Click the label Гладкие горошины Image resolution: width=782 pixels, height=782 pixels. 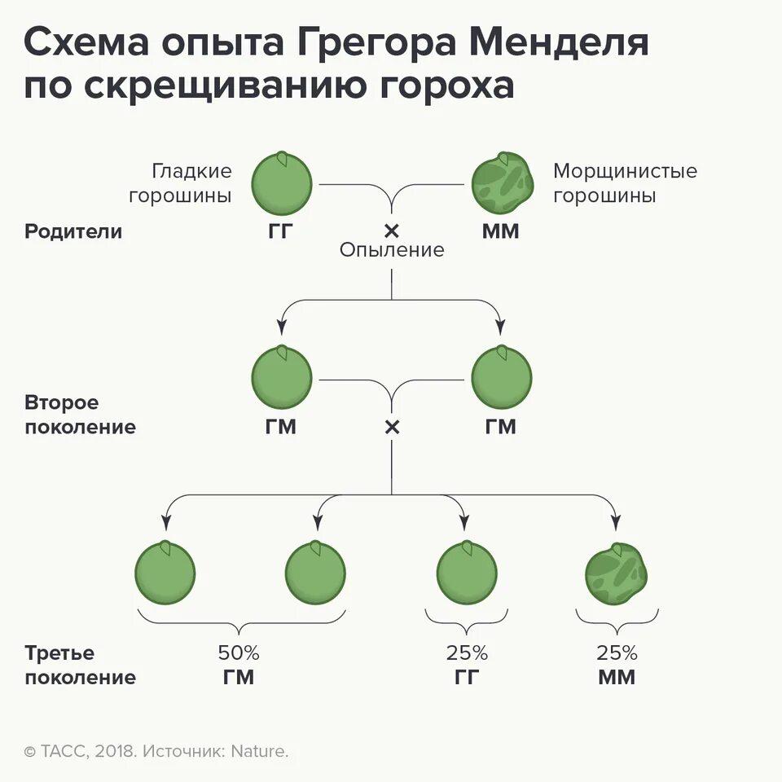pyautogui.click(x=191, y=183)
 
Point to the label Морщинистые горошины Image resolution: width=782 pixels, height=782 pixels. pyautogui.click(x=625, y=183)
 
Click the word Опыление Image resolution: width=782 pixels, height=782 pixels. pyautogui.click(x=392, y=250)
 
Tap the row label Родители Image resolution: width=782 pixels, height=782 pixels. pyautogui.click(x=73, y=231)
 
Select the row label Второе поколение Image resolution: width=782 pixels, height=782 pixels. pyautogui.click(x=80, y=415)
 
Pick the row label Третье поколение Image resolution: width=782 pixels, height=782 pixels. pyautogui.click(x=80, y=665)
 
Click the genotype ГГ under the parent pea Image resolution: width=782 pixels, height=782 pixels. pyautogui.click(x=280, y=231)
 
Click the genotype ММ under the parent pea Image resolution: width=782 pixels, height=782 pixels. pyautogui.click(x=500, y=231)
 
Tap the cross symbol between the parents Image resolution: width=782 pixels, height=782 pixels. pyautogui.click(x=392, y=231)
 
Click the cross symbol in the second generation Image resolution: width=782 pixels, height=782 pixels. pyautogui.click(x=392, y=427)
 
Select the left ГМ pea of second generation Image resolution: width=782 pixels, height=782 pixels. pyautogui.click(x=281, y=378)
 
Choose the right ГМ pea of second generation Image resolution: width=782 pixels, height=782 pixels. pyautogui.click(x=502, y=378)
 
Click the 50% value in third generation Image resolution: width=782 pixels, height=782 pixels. pyautogui.click(x=238, y=652)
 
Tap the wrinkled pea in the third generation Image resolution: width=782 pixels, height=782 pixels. pyautogui.click(x=616, y=573)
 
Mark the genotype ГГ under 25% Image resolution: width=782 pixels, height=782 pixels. pyautogui.click(x=466, y=677)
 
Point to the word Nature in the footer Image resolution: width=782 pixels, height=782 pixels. pyautogui.click(x=262, y=751)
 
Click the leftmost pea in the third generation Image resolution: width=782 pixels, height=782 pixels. pyautogui.click(x=165, y=573)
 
